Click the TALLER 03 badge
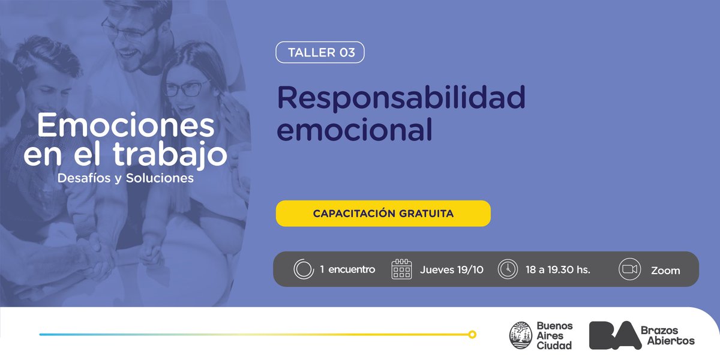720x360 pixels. (x=320, y=52)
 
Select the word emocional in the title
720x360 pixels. (x=355, y=130)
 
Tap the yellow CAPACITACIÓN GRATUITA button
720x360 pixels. (x=383, y=214)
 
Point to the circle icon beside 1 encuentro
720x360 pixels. (x=304, y=269)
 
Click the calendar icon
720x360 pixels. (x=401, y=269)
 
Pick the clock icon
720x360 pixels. (x=508, y=269)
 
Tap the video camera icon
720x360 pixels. (x=629, y=269)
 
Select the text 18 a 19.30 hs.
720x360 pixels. (x=558, y=270)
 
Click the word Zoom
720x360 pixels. (x=665, y=271)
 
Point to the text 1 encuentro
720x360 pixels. (x=347, y=270)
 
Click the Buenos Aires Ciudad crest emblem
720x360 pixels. (x=520, y=335)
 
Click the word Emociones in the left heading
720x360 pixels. (x=126, y=126)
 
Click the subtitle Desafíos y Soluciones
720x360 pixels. (x=126, y=179)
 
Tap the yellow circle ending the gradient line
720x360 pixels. (x=472, y=334)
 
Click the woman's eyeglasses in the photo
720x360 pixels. (x=185, y=88)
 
